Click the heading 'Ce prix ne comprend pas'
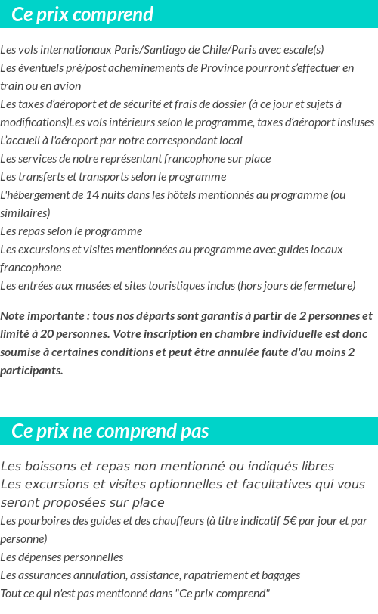[x=110, y=431]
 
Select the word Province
[x=225, y=68]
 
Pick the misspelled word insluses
[x=355, y=122]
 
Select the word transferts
[x=39, y=177]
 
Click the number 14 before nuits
[x=92, y=195]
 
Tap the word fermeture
[x=328, y=286]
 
